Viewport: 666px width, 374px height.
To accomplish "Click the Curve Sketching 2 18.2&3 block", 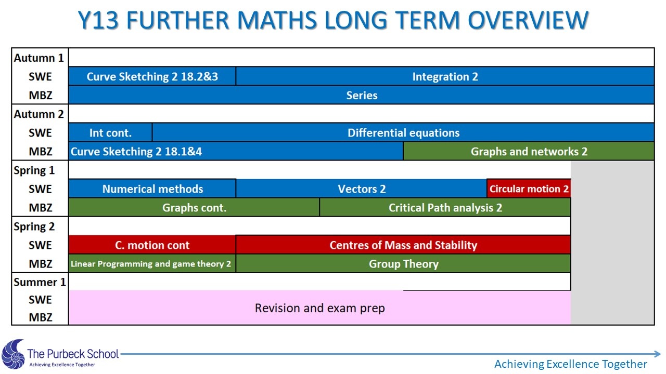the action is pyautogui.click(x=152, y=76).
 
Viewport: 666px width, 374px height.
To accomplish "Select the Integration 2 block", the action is pyautogui.click(x=445, y=76).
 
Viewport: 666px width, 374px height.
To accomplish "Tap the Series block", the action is pyautogui.click(x=362, y=95).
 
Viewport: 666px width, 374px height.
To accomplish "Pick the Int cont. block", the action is pyautogui.click(x=110, y=132).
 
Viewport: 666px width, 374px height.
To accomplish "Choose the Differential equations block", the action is pyautogui.click(x=403, y=132).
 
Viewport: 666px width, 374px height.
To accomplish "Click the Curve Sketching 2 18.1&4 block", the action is pyautogui.click(x=236, y=151).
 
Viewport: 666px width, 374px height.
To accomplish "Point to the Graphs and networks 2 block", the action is pyautogui.click(x=529, y=151).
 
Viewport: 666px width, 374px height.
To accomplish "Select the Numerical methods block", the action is pyautogui.click(x=152, y=189).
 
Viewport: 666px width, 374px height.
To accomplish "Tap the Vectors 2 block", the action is pyautogui.click(x=362, y=189).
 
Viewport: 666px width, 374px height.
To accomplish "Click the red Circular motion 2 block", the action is pyautogui.click(x=529, y=189).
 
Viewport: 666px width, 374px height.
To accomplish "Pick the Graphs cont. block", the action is pyautogui.click(x=194, y=207).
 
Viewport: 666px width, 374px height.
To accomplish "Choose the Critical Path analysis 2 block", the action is pyautogui.click(x=445, y=207).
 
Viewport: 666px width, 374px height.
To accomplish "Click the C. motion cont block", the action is pyautogui.click(x=152, y=245).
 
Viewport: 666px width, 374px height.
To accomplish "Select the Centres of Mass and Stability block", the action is pyautogui.click(x=403, y=245).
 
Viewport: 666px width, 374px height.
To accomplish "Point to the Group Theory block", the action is pyautogui.click(x=403, y=263).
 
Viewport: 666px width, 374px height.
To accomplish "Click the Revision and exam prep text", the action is pyautogui.click(x=320, y=308).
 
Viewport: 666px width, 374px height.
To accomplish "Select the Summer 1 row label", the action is pyautogui.click(x=40, y=282).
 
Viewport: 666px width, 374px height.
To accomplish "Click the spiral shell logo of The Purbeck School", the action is pyautogui.click(x=14, y=354).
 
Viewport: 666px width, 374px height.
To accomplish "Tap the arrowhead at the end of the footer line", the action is pyautogui.click(x=657, y=354).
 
